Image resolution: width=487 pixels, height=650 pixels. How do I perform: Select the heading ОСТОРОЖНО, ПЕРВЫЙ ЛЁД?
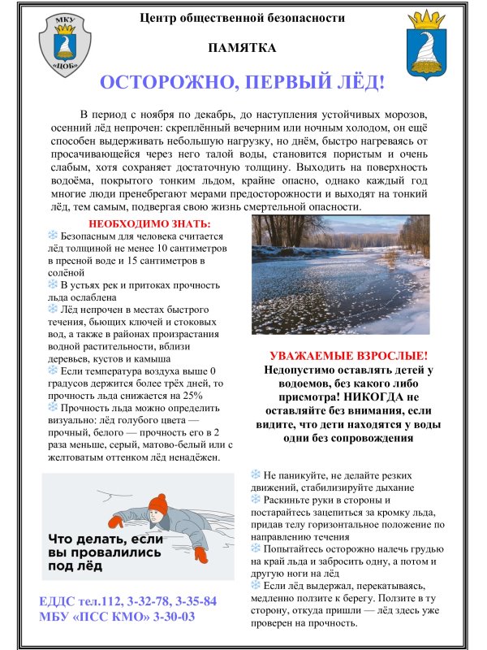(242, 83)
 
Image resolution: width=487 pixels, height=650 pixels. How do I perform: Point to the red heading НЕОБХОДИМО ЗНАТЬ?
(149, 223)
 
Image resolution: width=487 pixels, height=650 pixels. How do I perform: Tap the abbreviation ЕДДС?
(62, 601)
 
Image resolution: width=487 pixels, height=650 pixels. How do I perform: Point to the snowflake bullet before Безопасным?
(53, 235)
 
